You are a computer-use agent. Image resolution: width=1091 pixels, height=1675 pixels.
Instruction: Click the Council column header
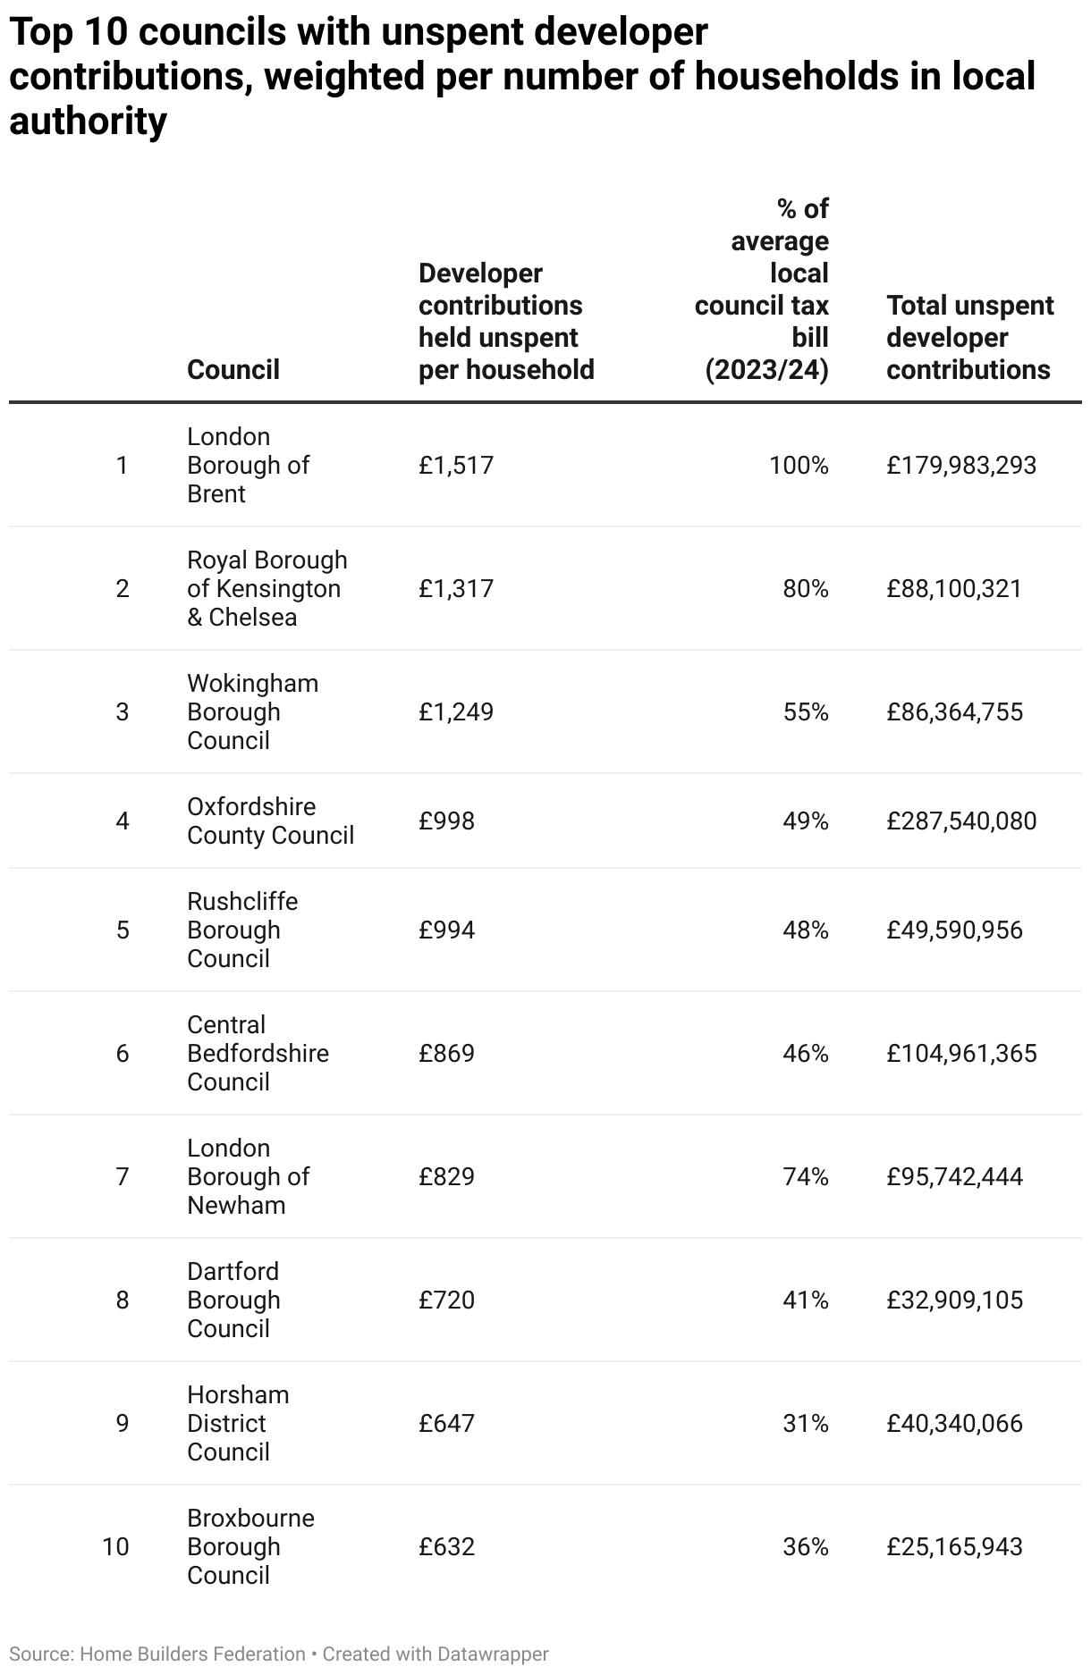[233, 369]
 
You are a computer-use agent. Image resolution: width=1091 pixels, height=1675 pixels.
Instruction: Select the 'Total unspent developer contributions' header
[969, 337]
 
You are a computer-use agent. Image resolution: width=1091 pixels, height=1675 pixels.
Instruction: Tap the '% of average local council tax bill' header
[763, 289]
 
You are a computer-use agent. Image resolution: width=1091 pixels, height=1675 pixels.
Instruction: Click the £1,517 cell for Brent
[455, 465]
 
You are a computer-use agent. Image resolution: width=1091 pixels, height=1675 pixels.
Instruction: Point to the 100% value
[799, 465]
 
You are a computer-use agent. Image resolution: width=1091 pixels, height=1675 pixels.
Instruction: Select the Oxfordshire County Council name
[270, 821]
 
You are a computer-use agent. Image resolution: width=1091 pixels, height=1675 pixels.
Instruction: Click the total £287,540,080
[961, 821]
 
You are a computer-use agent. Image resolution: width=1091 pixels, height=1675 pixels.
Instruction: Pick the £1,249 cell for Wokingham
[455, 711]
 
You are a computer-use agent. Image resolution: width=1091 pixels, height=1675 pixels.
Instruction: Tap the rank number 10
[115, 1546]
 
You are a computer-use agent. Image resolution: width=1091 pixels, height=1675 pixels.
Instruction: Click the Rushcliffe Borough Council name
[242, 930]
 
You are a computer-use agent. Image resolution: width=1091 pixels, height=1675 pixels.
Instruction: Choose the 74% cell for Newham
[805, 1176]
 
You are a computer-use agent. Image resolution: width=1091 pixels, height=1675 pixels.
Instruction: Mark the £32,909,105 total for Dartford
[954, 1300]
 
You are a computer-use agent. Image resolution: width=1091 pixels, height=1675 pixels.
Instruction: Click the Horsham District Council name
[238, 1423]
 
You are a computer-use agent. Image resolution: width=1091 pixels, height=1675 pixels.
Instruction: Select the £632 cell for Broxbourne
[446, 1546]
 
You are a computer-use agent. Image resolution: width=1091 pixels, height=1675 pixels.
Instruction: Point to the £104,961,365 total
[961, 1053]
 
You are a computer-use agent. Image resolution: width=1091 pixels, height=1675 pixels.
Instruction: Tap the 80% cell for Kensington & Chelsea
[805, 588]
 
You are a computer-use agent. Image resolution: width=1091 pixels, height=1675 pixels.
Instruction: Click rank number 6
[123, 1053]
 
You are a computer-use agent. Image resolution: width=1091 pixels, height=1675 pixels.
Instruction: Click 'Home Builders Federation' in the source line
[192, 1654]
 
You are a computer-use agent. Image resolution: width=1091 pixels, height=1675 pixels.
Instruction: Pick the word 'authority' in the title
[88, 121]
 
